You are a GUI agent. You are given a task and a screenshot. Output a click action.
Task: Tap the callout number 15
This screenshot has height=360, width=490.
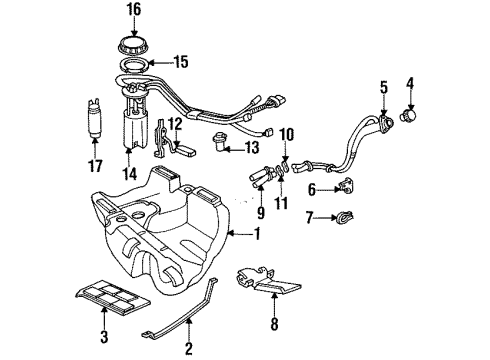pyautogui.click(x=180, y=61)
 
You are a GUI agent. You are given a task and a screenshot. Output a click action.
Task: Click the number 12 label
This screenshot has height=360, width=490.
pyautogui.click(x=175, y=123)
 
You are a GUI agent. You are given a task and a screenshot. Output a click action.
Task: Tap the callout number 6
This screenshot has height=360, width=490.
pyautogui.click(x=310, y=188)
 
